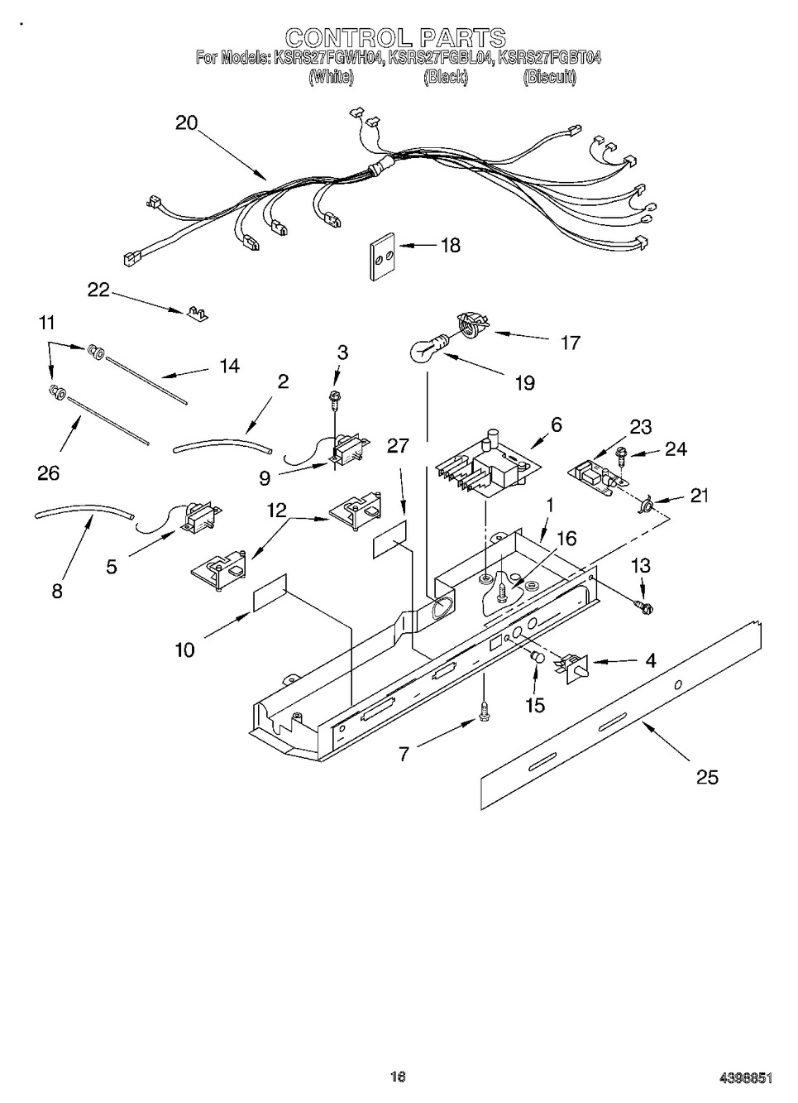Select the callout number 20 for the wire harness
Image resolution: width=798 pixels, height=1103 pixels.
coord(187,122)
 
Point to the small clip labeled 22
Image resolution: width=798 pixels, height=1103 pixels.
coord(196,312)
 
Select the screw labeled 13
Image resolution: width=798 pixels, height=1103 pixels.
coord(643,607)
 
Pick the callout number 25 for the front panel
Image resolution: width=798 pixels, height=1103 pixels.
coord(707,777)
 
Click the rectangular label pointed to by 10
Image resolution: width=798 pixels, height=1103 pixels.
coord(270,592)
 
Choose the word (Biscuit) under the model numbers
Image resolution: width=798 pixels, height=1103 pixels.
coord(549,78)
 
